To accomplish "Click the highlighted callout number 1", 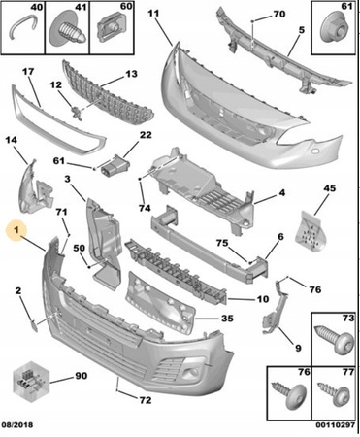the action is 16,230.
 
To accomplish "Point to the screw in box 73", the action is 335,341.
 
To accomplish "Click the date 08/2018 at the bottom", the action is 17,424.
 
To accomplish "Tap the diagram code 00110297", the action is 336,425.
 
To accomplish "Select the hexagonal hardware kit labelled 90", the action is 30,382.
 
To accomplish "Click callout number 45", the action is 330,188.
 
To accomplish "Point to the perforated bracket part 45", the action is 311,233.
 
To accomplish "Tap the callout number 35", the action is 227,319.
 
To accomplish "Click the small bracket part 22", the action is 115,165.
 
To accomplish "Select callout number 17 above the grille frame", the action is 28,71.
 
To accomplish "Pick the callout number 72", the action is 146,400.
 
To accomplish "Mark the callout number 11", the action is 153,14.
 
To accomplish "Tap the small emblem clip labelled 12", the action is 77,112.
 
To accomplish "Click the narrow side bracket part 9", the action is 276,307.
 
